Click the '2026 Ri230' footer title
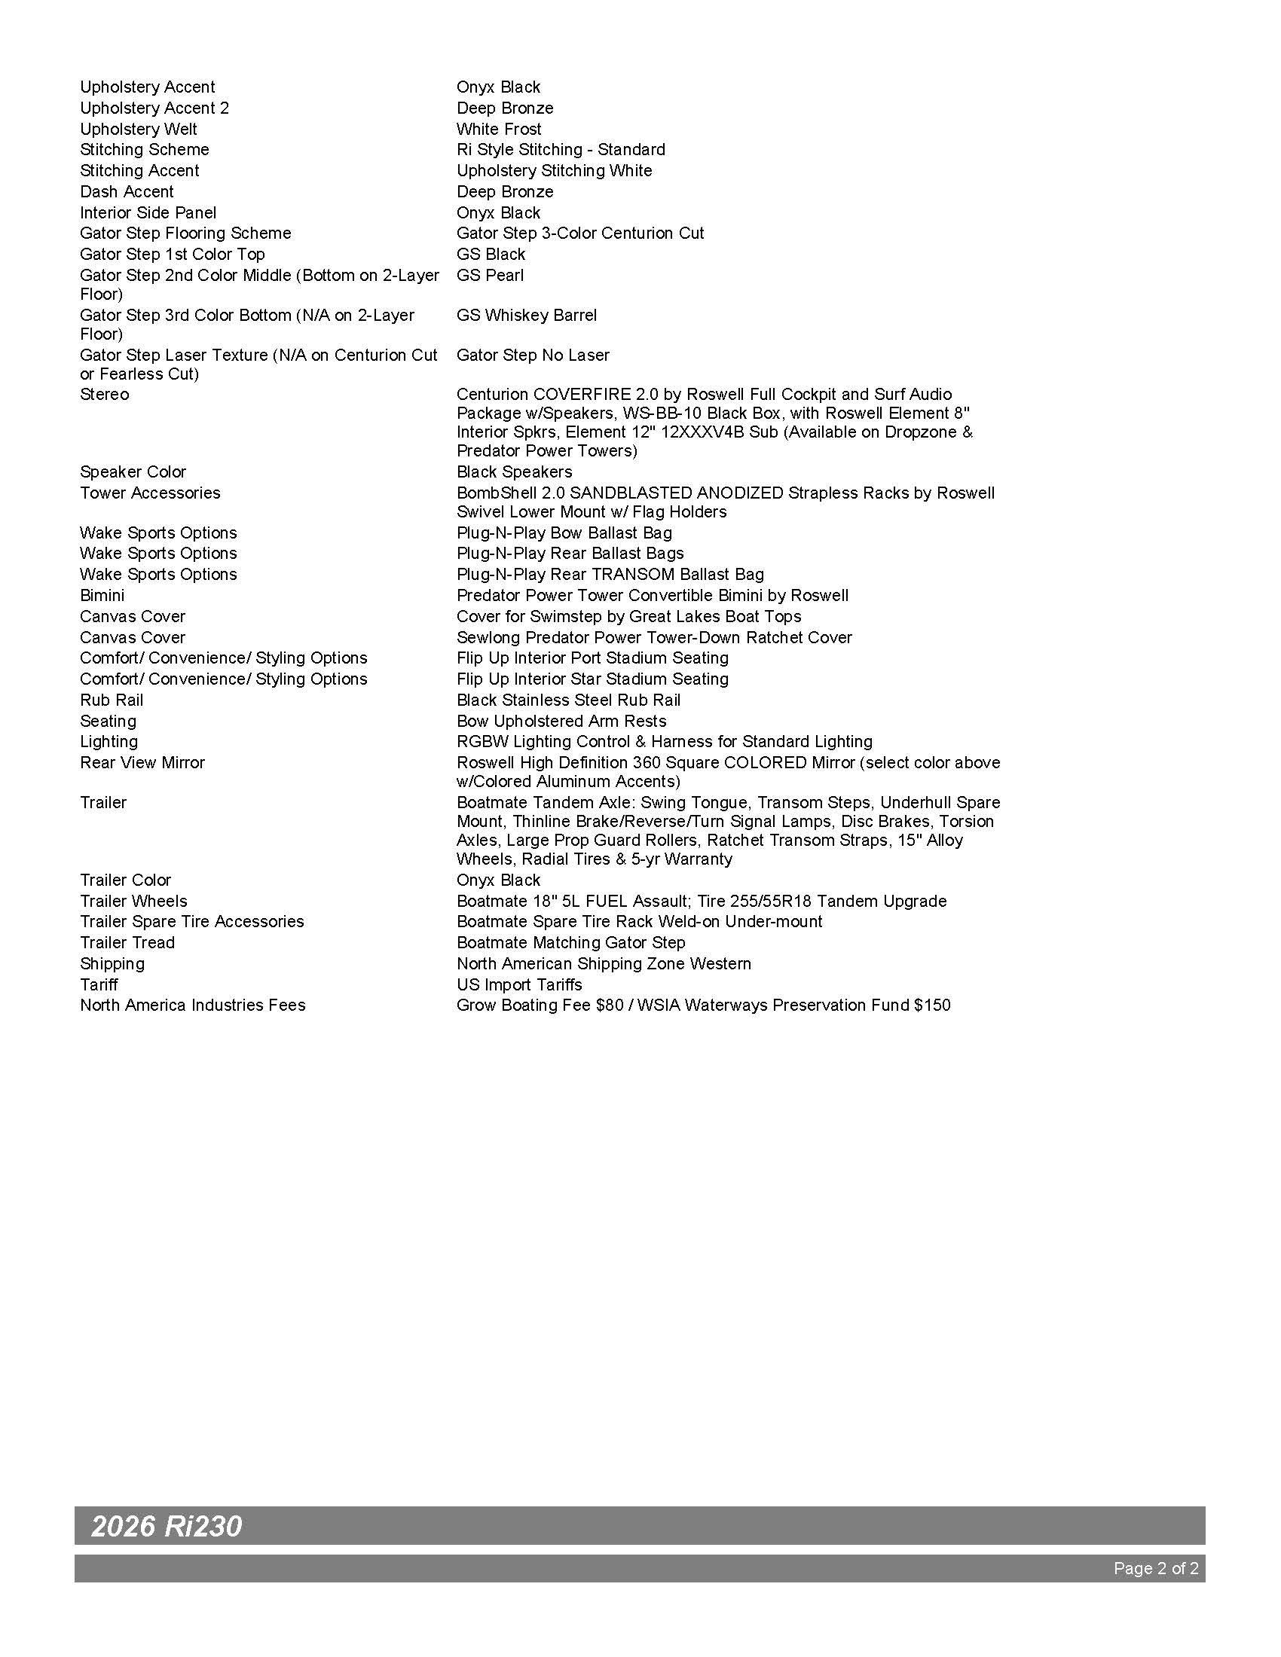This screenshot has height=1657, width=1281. click(167, 1526)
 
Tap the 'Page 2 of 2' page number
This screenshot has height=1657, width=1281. click(1156, 1568)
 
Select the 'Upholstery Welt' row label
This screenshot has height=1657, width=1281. click(138, 129)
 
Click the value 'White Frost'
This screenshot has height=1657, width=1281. click(499, 129)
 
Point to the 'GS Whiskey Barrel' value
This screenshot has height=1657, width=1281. click(527, 315)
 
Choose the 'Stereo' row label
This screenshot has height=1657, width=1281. click(105, 395)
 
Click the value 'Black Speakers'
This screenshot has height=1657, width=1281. click(514, 472)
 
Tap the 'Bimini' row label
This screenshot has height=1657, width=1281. click(102, 596)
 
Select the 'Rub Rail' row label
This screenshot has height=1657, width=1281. click(112, 700)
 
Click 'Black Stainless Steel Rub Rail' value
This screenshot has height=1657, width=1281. click(568, 700)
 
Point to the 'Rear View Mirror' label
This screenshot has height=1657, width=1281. click(142, 762)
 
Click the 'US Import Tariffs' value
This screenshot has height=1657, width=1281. click(519, 985)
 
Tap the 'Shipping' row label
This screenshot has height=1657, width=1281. click(112, 963)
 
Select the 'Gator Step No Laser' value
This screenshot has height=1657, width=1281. click(533, 355)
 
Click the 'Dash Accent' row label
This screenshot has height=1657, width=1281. click(127, 192)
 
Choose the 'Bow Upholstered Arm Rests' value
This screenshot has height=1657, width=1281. click(561, 721)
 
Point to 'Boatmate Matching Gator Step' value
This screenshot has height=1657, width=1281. click(570, 942)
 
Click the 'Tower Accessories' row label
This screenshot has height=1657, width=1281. click(150, 493)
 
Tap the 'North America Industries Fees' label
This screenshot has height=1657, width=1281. click(193, 1005)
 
